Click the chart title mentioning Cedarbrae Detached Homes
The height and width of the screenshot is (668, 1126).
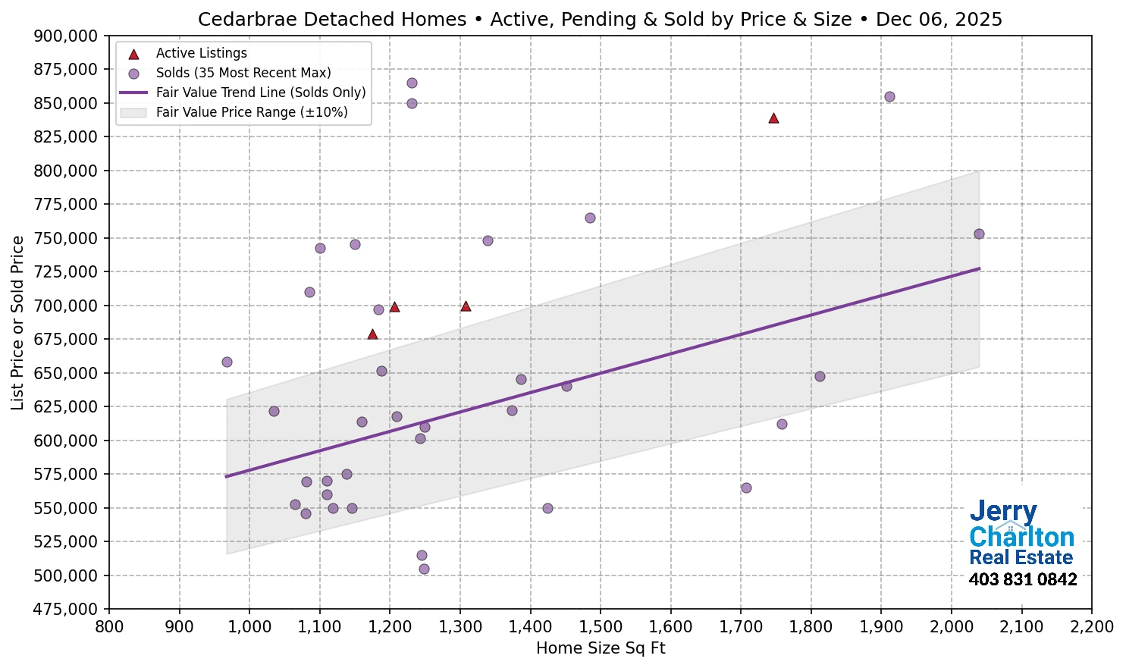[600, 19]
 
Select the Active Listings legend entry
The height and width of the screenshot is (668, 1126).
[201, 53]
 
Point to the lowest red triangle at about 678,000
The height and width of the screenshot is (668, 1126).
[372, 334]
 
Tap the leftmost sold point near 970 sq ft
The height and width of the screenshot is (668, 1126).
[227, 362]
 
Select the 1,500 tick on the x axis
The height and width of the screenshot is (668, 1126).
[601, 626]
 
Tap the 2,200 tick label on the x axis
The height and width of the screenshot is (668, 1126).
[1091, 626]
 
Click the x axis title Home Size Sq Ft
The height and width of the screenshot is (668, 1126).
[601, 648]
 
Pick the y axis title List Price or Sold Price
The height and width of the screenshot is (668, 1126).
[18, 322]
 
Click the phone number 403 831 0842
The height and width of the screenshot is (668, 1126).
[1022, 580]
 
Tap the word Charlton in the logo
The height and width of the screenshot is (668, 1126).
[1021, 537]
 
